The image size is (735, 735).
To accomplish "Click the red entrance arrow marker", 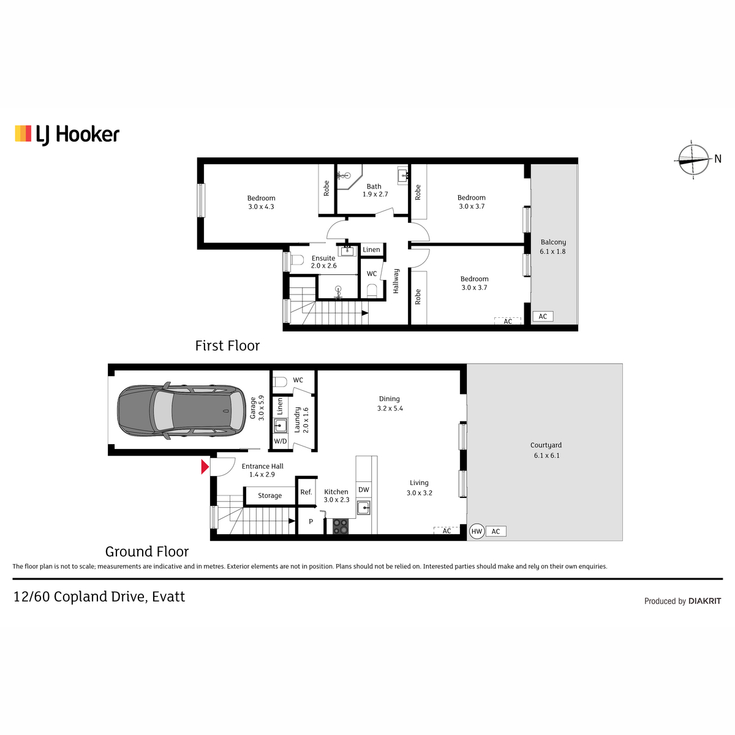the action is coord(205,467).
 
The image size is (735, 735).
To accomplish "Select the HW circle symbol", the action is coord(477,531).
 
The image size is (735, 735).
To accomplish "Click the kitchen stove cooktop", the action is coord(340,526).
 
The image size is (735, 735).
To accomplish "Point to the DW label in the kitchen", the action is coord(363,489).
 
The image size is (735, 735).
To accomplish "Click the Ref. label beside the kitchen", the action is coord(306,492).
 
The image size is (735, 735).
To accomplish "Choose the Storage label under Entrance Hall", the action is coord(269,496).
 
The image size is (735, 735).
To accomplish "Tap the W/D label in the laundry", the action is coord(281,441).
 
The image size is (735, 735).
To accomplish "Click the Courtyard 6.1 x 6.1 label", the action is coord(546,450).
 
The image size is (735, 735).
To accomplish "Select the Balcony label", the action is coord(553,242).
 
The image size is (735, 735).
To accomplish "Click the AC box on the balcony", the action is coord(543,316).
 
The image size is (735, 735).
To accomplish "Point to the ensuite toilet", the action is coord(296,260).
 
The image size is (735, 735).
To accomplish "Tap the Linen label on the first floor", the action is coord(371,249).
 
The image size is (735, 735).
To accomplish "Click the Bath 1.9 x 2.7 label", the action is coord(375,190).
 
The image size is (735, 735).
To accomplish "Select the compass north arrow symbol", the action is coord(693,159).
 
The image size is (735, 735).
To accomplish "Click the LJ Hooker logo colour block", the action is coord(23,134).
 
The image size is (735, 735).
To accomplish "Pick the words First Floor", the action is coord(227,345).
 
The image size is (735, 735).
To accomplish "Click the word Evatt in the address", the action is coord(168,597).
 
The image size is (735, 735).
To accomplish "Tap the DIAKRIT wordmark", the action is coord(705,601).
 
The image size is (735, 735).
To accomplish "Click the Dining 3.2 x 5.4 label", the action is coord(390,403).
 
